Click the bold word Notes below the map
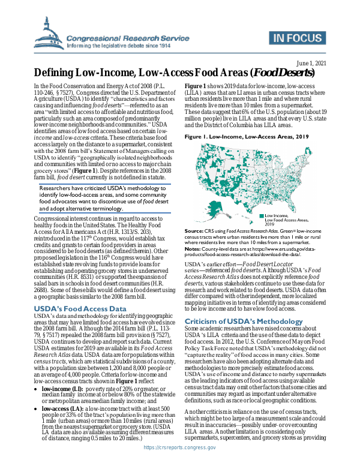[194, 248]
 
